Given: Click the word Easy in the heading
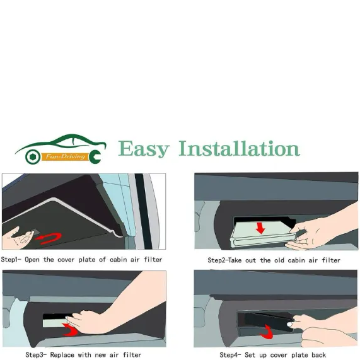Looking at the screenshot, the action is pos(144,149).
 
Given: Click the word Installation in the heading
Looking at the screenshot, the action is pos(239,149).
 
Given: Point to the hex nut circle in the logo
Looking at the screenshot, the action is pos(33,157).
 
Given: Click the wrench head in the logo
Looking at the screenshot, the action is pos(95,156).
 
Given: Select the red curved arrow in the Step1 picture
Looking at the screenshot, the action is pos(49,238).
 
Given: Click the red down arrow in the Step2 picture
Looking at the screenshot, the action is pos(260,228).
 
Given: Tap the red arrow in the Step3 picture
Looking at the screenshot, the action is pos(71,330).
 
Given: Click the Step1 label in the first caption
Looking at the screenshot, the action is pos(11,260).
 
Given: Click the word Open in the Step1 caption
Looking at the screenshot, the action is pos(32,260).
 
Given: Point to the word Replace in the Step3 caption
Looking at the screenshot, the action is pos(62,355).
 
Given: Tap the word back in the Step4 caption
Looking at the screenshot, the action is pos(318,355).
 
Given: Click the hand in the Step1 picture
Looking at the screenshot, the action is pos(18,238).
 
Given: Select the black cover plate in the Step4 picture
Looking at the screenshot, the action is pos(265,321).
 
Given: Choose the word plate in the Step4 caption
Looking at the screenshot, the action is pos(299,355).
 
